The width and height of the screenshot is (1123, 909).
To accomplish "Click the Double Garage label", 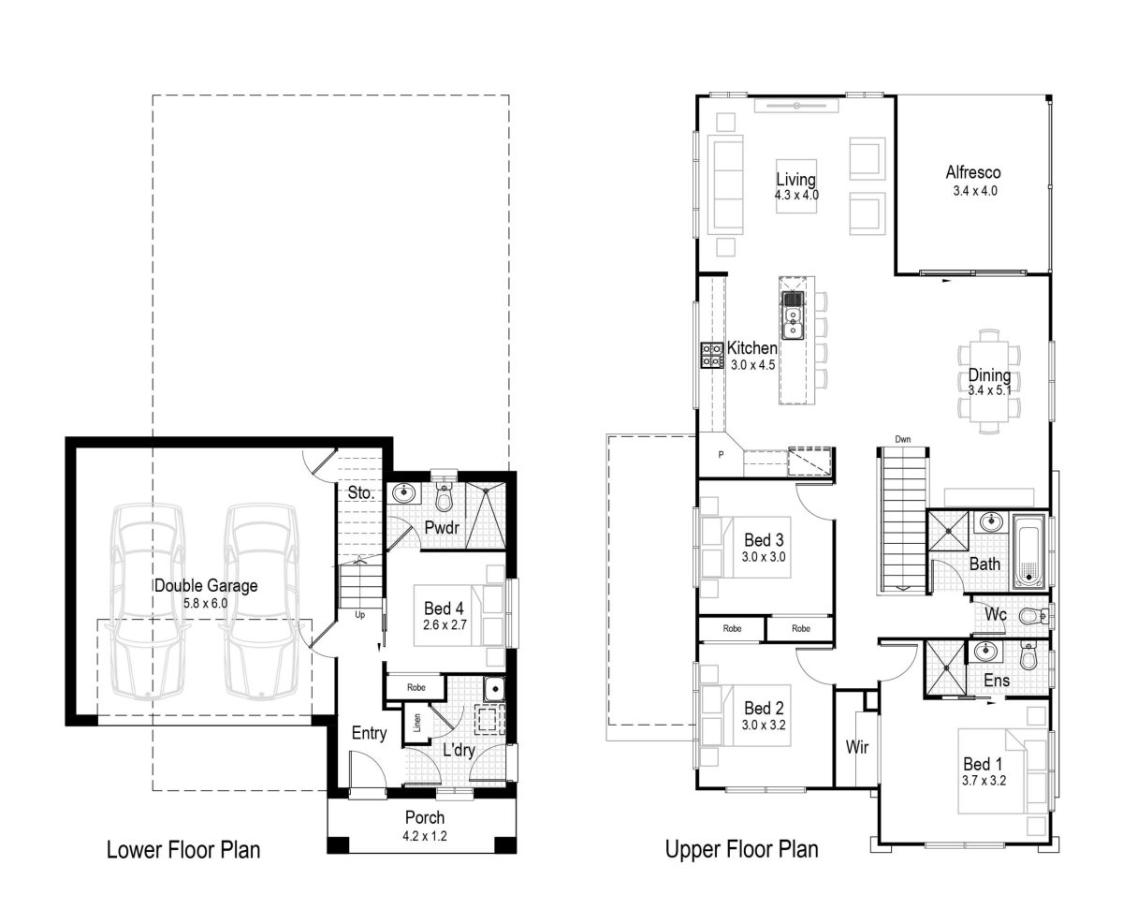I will tap(205, 585).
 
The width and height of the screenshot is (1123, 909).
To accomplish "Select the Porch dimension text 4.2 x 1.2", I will tap(425, 836).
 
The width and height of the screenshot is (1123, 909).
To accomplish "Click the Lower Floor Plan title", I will tap(182, 850).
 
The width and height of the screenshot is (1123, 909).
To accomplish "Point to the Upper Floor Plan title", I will tap(741, 850).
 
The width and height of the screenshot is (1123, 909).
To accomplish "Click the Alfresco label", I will tap(973, 172).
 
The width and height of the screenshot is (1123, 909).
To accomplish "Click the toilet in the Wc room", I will tap(1032, 616).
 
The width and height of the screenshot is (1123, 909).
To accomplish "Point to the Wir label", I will tap(857, 747).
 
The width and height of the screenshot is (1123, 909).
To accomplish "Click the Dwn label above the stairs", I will tap(902, 438).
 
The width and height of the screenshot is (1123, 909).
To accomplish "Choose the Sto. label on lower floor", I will tap(361, 491).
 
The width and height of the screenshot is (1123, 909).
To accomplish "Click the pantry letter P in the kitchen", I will tap(721, 455).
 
